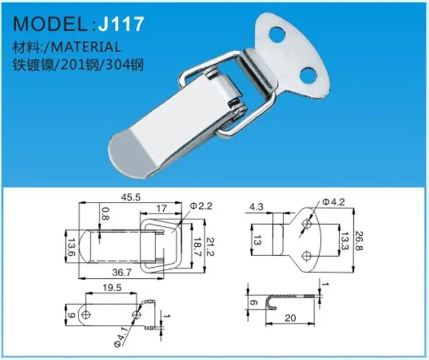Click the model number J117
point(121,24)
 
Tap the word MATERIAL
point(86,47)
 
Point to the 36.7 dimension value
point(122,272)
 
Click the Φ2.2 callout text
point(201,206)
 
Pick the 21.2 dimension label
point(210,246)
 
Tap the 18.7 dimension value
point(197,246)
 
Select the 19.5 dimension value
point(112,288)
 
